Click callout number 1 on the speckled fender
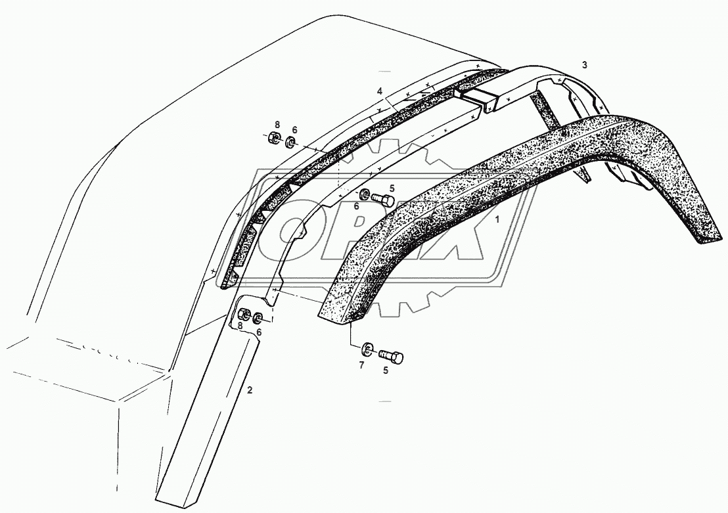click(x=497, y=222)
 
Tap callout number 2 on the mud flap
click(x=249, y=390)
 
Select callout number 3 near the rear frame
click(x=584, y=65)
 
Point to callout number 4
click(x=380, y=91)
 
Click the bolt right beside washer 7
click(x=392, y=357)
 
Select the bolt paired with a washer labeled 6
click(x=382, y=199)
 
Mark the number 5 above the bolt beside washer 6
click(x=392, y=188)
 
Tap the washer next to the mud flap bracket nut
click(x=258, y=319)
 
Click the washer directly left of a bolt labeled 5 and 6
click(x=363, y=194)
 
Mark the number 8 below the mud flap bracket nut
click(x=240, y=325)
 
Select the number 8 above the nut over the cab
click(x=277, y=125)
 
